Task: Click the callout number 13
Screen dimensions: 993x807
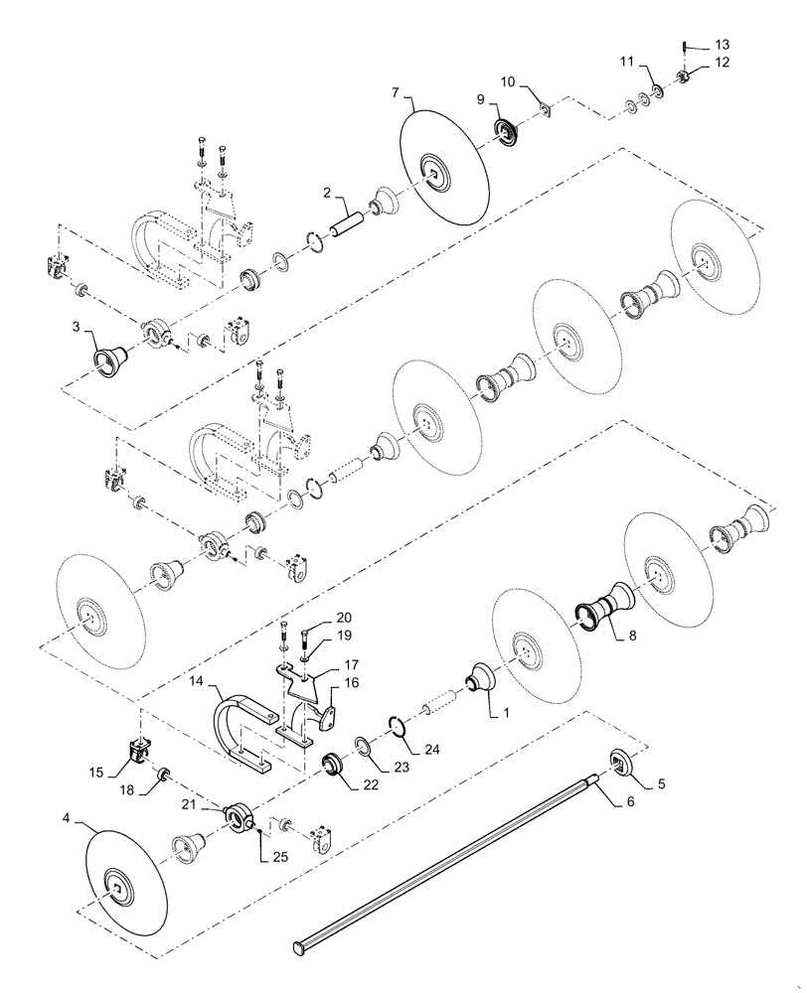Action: (722, 45)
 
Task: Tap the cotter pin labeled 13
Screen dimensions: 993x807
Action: (686, 45)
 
